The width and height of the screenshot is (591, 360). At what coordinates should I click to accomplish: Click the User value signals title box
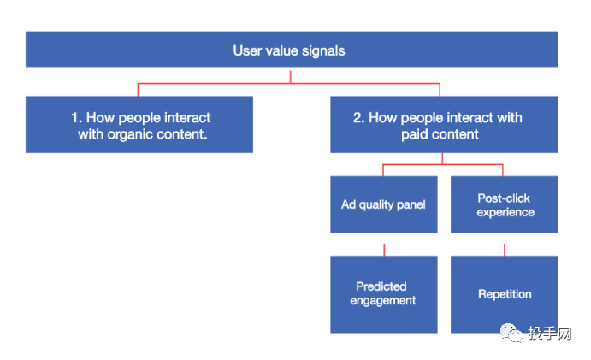(x=292, y=50)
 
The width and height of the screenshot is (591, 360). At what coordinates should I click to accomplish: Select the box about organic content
(x=139, y=124)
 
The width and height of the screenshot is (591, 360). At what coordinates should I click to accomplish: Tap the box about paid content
(x=444, y=124)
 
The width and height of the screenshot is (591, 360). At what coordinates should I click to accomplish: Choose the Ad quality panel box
(x=384, y=204)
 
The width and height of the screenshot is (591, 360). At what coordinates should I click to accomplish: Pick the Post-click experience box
(x=504, y=204)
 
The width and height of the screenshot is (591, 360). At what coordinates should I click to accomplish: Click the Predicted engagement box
(x=384, y=295)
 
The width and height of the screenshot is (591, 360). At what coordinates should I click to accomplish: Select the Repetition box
(x=504, y=295)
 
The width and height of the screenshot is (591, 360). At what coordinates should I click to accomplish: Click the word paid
(x=414, y=134)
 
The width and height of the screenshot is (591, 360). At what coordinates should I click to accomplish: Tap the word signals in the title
(x=323, y=51)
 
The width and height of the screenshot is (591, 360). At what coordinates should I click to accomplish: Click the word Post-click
(x=504, y=198)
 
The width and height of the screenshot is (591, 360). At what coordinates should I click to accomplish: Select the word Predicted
(x=381, y=286)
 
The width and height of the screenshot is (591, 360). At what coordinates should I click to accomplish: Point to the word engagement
(x=383, y=301)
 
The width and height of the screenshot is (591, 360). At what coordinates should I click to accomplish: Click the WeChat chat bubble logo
(x=511, y=333)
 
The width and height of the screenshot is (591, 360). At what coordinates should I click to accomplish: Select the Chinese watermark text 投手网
(x=550, y=333)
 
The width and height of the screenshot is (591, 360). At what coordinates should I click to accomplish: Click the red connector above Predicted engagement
(x=384, y=250)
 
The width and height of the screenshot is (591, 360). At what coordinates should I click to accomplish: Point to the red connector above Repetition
(x=505, y=250)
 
